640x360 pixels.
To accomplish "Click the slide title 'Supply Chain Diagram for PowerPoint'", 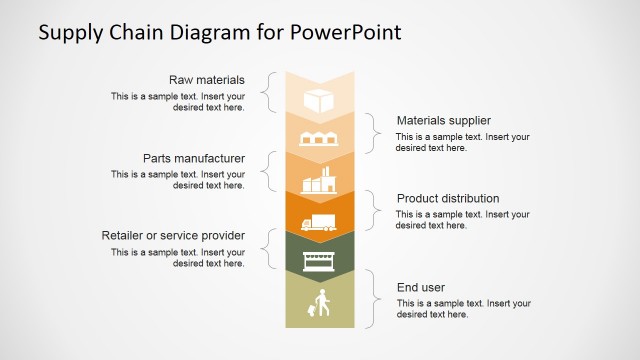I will [x=219, y=32].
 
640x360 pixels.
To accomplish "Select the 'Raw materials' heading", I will [x=207, y=80].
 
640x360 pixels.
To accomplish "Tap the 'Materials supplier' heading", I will [x=444, y=120].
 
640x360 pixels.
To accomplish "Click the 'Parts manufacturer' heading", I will [x=194, y=158].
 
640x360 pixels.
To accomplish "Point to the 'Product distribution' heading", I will [x=448, y=198].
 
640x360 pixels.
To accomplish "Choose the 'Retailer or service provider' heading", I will [x=173, y=235].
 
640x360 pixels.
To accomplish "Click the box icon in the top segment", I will [x=320, y=101].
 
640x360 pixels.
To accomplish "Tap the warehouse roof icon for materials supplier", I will [x=320, y=139].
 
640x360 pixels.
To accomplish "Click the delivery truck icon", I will [x=320, y=222].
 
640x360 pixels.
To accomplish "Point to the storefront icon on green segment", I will [x=320, y=261].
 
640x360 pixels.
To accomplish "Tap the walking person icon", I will [x=321, y=303].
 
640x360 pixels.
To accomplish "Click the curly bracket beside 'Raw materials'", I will [x=266, y=92].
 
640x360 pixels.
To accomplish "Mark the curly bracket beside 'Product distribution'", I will [x=373, y=210].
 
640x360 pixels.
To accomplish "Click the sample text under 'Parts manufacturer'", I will [x=178, y=180].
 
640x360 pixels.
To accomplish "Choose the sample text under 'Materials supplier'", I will [x=462, y=142].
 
